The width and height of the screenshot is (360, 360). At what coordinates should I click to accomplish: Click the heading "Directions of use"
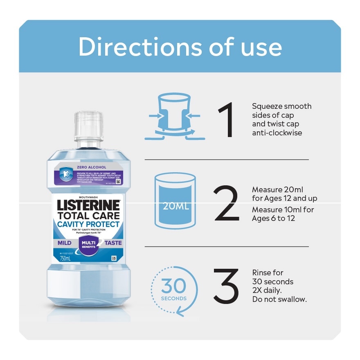(x=180, y=47)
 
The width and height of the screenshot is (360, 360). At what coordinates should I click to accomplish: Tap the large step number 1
(x=226, y=120)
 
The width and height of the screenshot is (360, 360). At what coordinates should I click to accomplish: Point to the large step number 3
(x=226, y=286)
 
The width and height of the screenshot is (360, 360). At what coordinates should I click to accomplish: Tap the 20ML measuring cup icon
(x=175, y=201)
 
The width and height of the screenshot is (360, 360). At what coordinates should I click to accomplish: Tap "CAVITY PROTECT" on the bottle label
(x=88, y=224)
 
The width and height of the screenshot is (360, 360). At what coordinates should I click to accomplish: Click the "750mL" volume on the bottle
(x=65, y=259)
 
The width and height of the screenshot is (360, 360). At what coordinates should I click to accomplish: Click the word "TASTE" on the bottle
(x=113, y=243)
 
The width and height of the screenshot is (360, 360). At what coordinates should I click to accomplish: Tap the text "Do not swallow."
(x=279, y=299)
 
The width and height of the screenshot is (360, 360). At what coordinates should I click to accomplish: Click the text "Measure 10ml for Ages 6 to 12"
(x=283, y=214)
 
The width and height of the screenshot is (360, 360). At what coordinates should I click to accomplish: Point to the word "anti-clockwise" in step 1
(x=277, y=133)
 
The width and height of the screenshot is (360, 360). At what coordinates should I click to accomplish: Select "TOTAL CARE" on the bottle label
(x=88, y=215)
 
